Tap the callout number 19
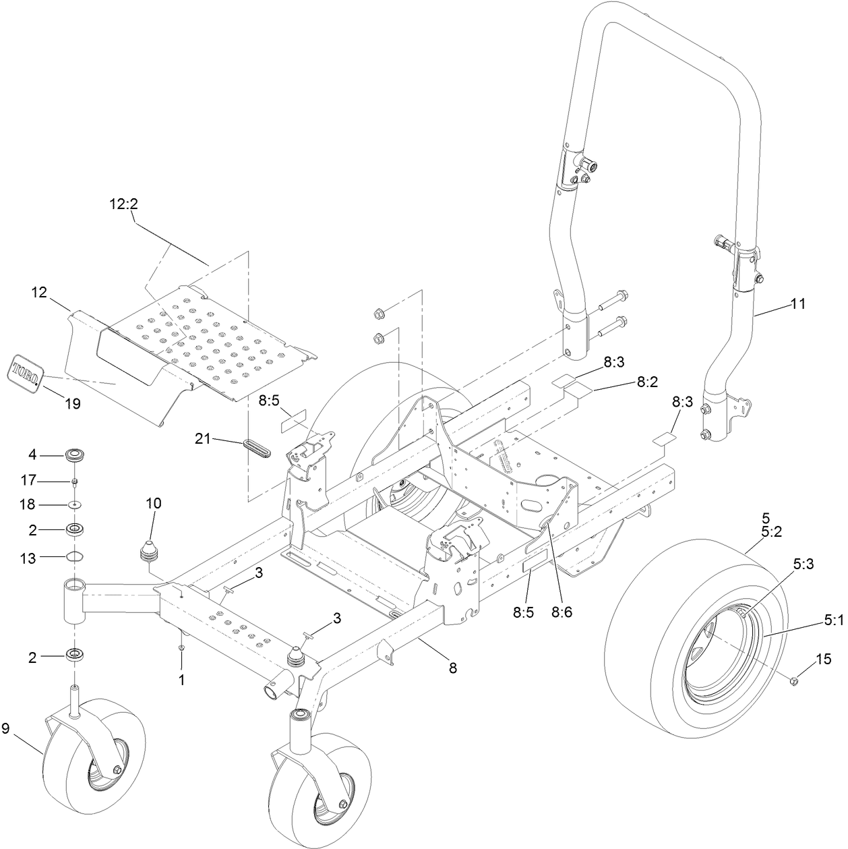pyautogui.click(x=72, y=404)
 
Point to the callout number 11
pyautogui.click(x=797, y=304)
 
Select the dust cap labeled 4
pyautogui.click(x=76, y=455)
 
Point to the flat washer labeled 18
pyautogui.click(x=75, y=504)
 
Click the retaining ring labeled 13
pyautogui.click(x=75, y=556)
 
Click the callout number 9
pyautogui.click(x=6, y=728)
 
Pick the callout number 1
pyautogui.click(x=181, y=680)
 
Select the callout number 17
pyautogui.click(x=27, y=481)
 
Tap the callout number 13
pyautogui.click(x=27, y=556)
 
